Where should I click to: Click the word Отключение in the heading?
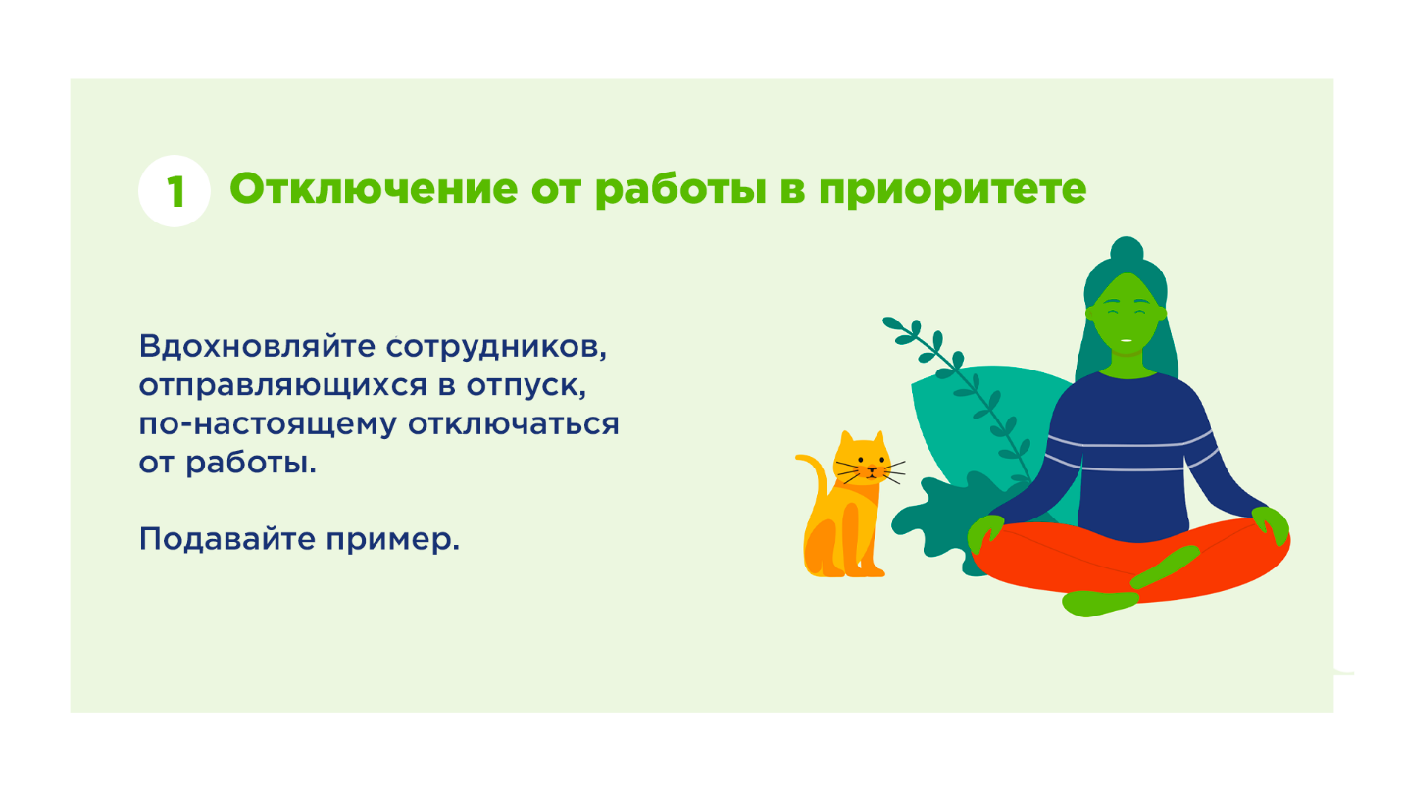pos(374,188)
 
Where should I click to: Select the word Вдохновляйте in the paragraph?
pos(257,346)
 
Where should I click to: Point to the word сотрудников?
pos(496,348)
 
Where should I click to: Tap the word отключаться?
pos(514,425)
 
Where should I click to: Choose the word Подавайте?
pos(226,540)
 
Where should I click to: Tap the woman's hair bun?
pos(1127,250)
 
